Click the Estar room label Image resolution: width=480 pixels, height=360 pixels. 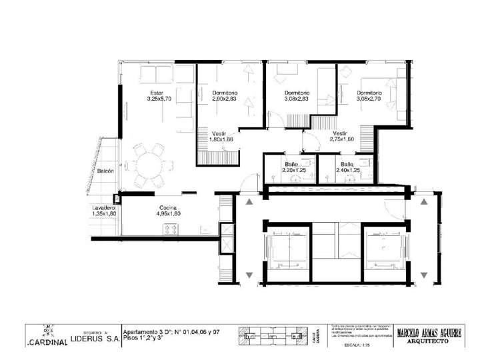coord(157,92)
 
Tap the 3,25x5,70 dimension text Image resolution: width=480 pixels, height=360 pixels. coord(159,99)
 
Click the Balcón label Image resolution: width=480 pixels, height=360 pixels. coord(105,171)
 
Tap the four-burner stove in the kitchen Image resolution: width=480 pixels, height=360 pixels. coord(170,229)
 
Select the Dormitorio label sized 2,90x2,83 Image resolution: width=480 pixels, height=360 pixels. coord(225,93)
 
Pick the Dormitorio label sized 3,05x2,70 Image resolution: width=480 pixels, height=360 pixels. coord(369,93)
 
